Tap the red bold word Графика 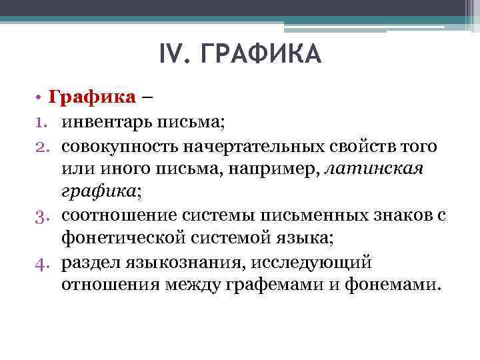click(93, 98)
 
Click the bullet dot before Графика click(40, 99)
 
